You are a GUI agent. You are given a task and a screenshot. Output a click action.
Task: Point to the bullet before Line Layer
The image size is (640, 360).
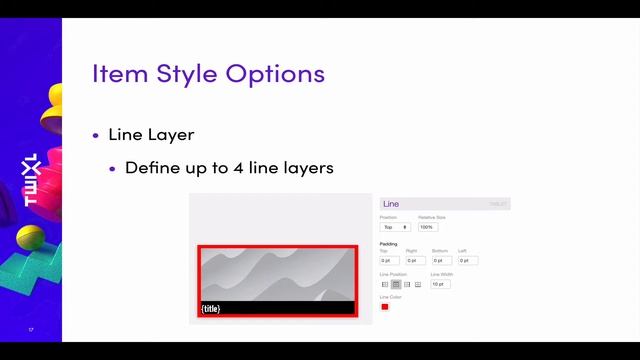click(x=96, y=135)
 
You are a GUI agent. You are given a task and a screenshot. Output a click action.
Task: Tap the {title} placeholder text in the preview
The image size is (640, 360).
click(x=210, y=308)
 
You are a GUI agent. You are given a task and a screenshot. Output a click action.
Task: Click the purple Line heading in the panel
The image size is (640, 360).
click(x=391, y=204)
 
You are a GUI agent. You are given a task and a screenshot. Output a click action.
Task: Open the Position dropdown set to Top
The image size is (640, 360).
click(x=394, y=227)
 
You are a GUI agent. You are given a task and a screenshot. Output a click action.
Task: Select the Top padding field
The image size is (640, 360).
click(x=389, y=260)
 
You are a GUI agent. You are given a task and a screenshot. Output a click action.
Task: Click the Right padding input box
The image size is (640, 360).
click(x=415, y=260)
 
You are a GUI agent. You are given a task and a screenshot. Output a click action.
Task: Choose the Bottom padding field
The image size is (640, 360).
click(x=441, y=260)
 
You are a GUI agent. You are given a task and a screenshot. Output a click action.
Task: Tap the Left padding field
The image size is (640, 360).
click(x=467, y=260)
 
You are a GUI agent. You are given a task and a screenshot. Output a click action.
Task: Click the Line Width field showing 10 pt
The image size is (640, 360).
click(x=440, y=284)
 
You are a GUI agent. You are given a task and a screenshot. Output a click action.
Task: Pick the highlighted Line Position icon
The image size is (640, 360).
click(x=396, y=284)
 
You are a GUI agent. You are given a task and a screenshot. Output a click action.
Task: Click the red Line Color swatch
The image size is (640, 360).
click(x=385, y=306)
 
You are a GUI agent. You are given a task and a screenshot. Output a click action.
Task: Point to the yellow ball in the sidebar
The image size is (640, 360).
click(x=31, y=238)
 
